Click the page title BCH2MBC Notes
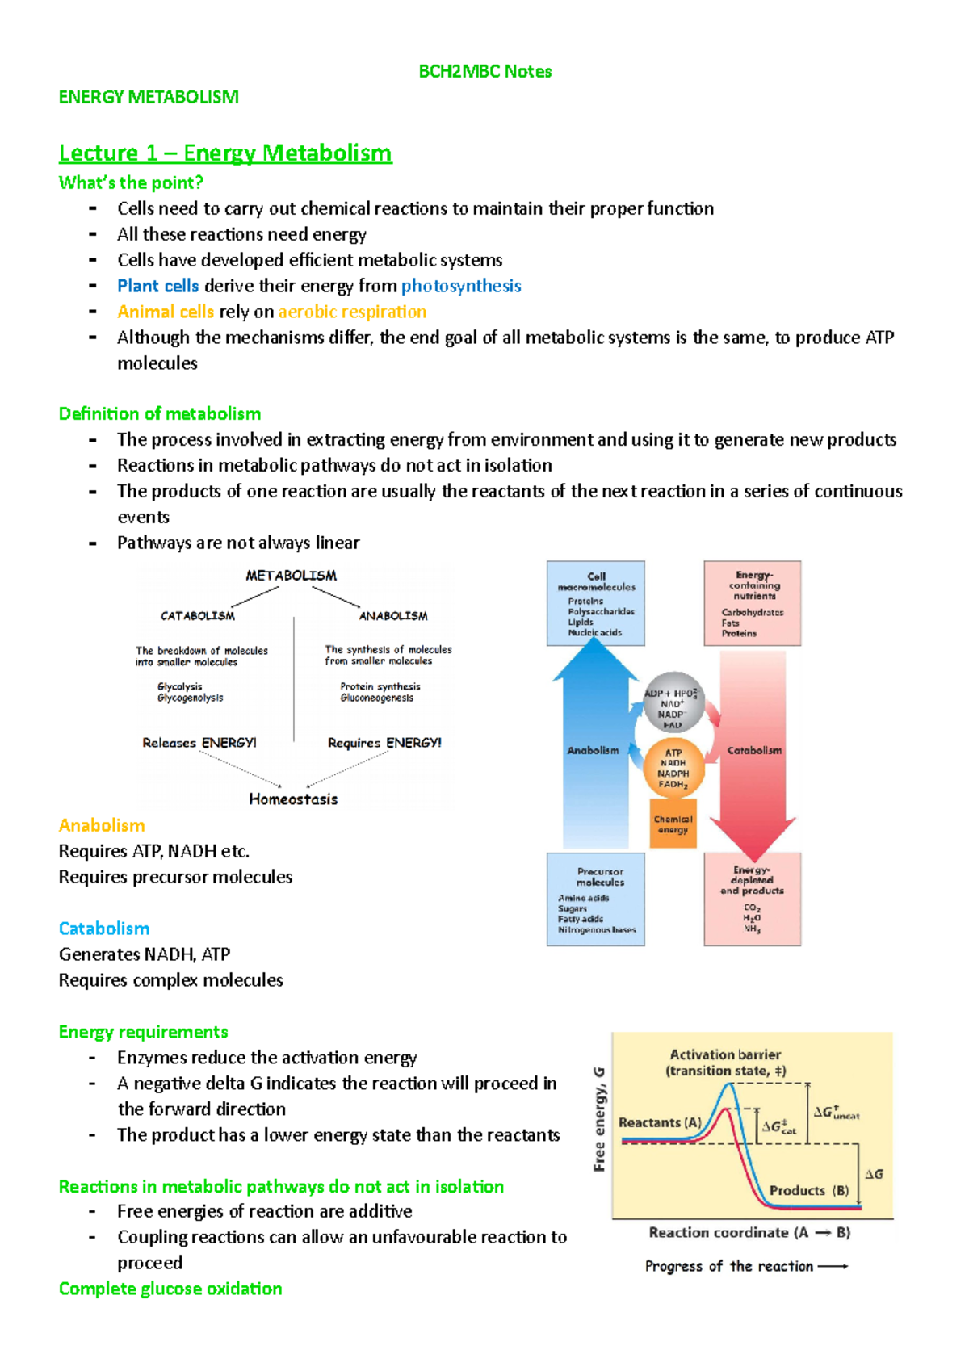[484, 71]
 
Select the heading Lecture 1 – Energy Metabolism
[225, 153]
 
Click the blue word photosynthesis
[461, 286]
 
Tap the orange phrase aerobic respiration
[352, 312]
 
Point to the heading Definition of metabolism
[160, 413]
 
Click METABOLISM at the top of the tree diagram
[291, 576]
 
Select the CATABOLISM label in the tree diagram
[198, 616]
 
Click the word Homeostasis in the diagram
[293, 799]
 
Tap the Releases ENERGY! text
[199, 743]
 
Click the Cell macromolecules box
[596, 603]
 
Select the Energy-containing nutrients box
[753, 603]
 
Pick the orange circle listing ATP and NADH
[673, 769]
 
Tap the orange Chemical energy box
[673, 824]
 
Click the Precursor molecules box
[596, 899]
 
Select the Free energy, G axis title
[599, 1118]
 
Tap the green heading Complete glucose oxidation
[170, 1289]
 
